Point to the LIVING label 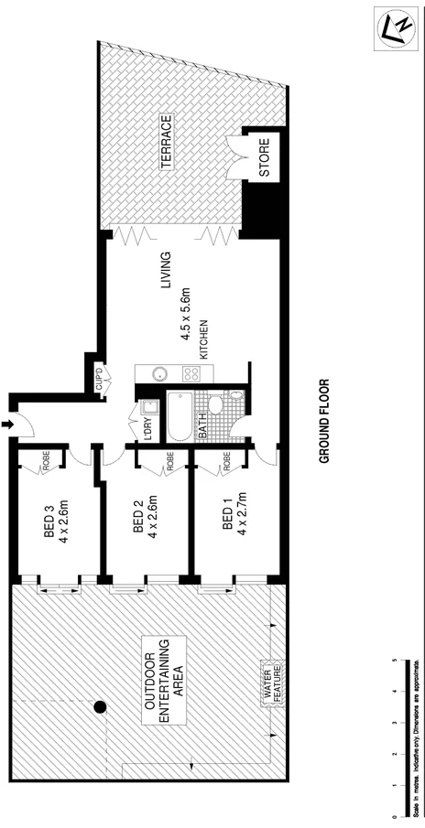pos(167,271)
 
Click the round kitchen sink pos(157,373)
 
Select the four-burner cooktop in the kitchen pos(193,373)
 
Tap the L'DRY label pos(147,429)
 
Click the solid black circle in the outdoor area pos(100,705)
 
